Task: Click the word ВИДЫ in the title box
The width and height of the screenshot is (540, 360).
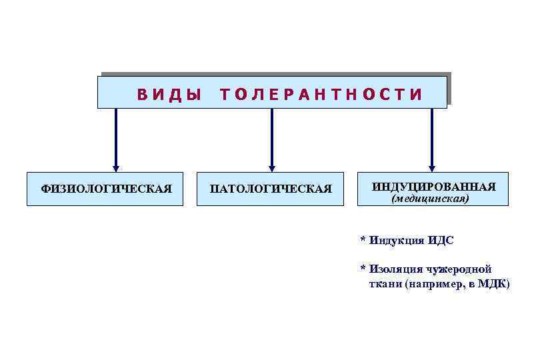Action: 169,95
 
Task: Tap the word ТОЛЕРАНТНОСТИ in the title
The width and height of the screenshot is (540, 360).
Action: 321,95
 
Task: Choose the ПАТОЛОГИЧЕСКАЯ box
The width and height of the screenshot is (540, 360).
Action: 271,189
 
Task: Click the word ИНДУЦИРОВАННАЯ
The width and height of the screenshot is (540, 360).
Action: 433,186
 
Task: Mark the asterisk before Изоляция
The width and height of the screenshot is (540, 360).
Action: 363,269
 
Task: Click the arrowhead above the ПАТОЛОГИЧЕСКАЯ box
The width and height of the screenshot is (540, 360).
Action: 271,167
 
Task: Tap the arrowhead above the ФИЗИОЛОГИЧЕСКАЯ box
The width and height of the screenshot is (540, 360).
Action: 116,167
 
